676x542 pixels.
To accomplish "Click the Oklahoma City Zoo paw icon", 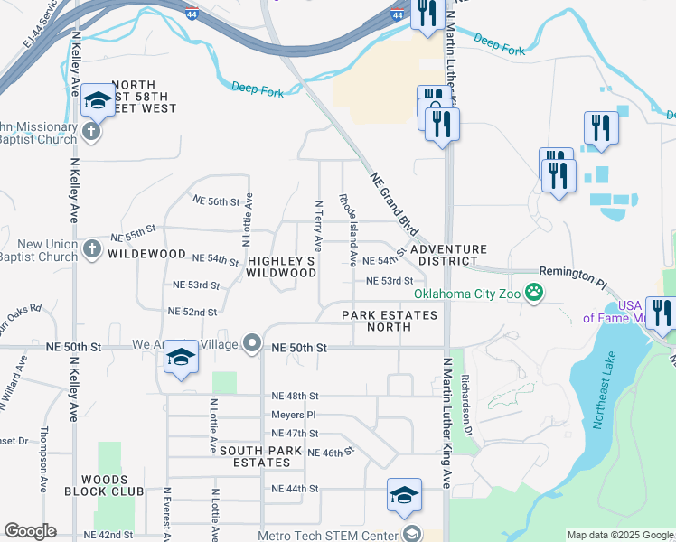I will [x=535, y=292].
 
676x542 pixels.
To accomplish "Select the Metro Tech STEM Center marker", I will [x=412, y=535].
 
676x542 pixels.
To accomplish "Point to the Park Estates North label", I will [x=390, y=321].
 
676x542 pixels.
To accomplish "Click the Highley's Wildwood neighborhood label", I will [x=281, y=266].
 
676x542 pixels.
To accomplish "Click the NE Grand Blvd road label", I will [x=390, y=199].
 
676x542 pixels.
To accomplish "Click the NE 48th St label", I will [x=295, y=396].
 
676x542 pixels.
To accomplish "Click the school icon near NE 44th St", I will [x=404, y=494].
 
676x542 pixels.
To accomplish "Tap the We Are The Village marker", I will [x=252, y=344].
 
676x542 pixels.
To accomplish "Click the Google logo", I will [x=30, y=531].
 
